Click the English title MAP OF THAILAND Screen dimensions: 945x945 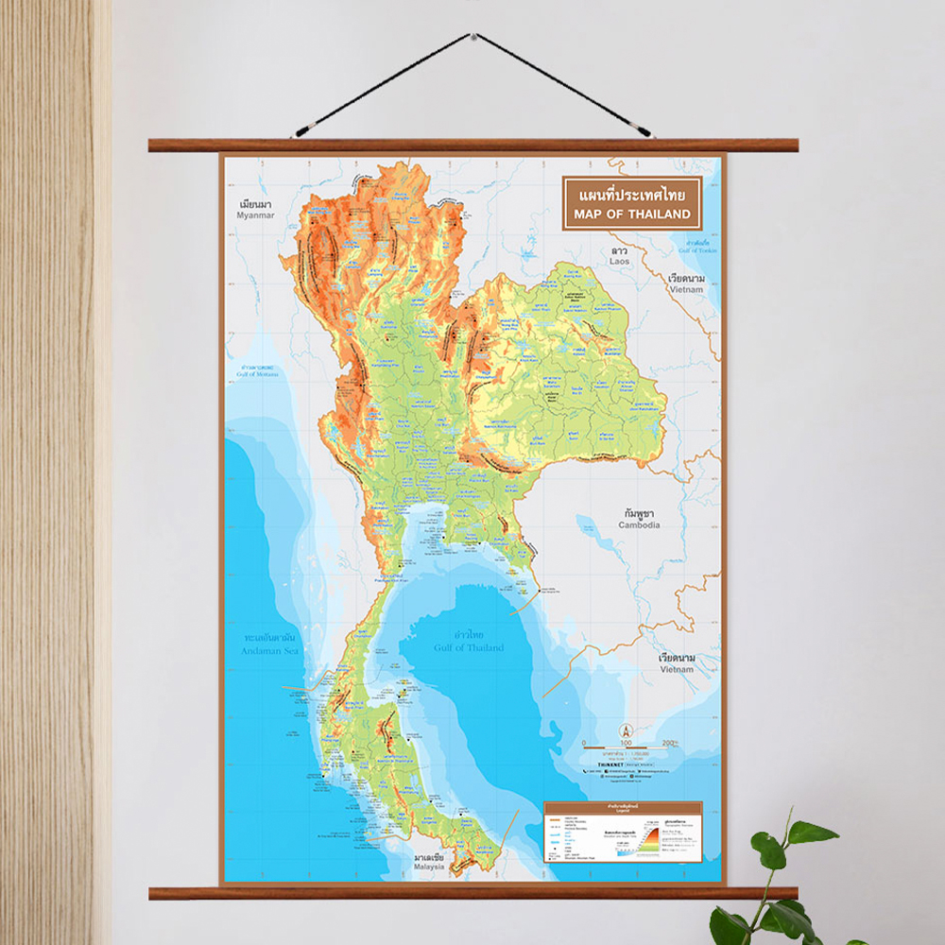(630, 215)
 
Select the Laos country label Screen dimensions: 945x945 (620, 260)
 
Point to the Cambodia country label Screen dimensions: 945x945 (640, 524)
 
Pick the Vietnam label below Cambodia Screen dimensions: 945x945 (677, 668)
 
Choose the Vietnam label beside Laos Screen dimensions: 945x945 (686, 289)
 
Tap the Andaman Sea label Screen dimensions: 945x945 (269, 651)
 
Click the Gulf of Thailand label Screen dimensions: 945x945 (469, 647)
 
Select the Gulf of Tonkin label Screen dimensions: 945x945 (698, 249)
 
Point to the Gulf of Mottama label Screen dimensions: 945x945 (255, 375)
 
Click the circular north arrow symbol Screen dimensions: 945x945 (626, 730)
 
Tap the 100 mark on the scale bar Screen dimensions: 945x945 (626, 744)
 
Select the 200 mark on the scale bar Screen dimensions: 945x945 (668, 744)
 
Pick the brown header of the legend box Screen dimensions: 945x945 (622, 808)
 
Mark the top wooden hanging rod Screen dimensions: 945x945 (472, 146)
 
